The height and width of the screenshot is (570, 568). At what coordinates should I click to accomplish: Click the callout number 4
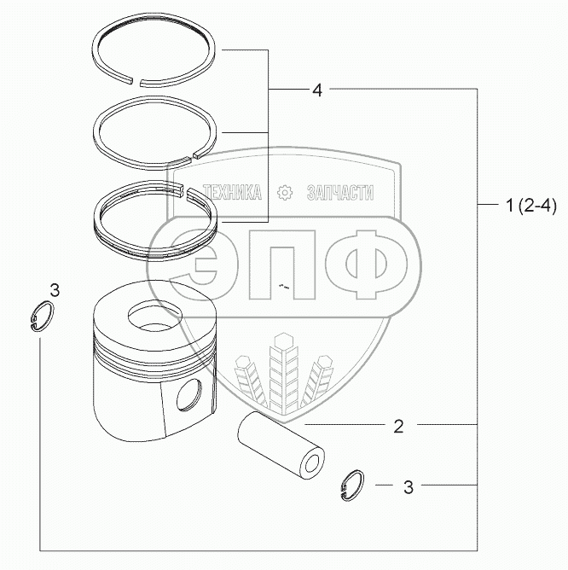(317, 90)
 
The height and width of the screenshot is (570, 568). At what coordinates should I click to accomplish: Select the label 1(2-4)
(531, 206)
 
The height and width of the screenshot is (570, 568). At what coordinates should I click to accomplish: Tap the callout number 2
(398, 426)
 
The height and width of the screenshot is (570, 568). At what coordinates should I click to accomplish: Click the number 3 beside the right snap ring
(409, 486)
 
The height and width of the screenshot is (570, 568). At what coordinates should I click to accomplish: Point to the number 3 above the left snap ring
(55, 290)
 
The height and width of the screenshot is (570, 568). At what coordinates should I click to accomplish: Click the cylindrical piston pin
(281, 447)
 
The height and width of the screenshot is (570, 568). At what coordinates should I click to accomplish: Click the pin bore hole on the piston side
(189, 395)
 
